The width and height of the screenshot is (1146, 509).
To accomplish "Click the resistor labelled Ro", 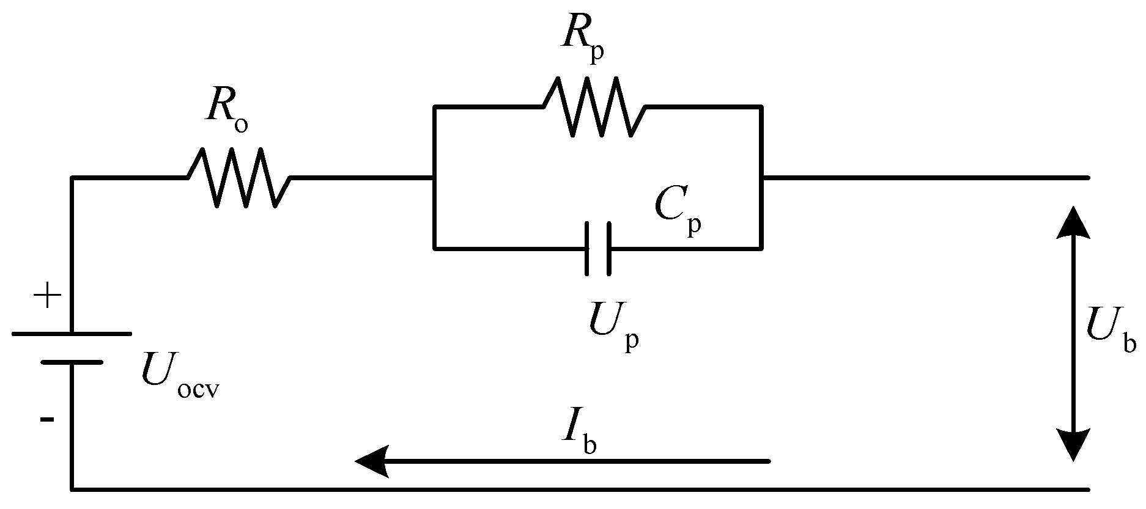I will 238,178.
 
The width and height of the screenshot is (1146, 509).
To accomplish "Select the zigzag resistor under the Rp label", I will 594,106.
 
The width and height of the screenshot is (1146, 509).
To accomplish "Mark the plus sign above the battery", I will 48,298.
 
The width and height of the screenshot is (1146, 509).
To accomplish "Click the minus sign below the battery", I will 47,419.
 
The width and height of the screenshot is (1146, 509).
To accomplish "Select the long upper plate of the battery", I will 72,334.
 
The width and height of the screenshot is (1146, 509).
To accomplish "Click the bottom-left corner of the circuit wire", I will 72,489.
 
